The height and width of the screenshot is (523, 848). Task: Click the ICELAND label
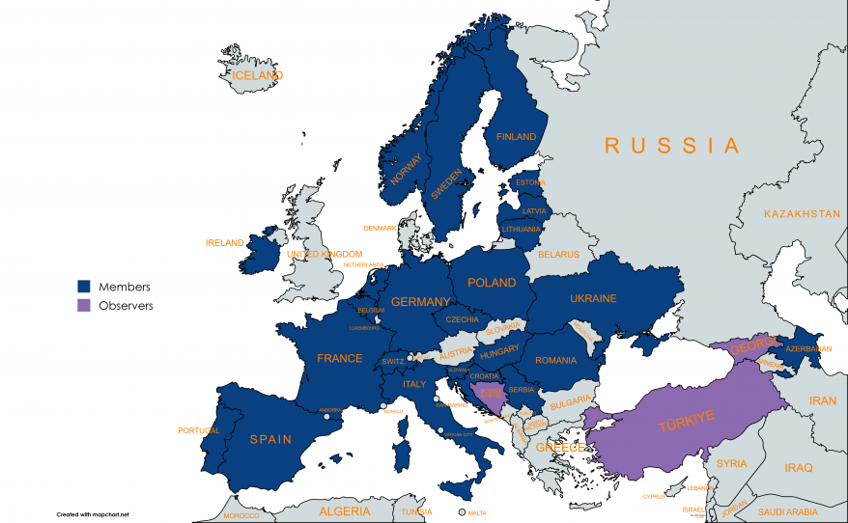[257, 75]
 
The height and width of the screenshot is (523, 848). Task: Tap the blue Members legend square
[84, 287]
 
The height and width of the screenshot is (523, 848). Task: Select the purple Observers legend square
[84, 305]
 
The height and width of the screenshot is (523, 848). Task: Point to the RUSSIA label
[672, 146]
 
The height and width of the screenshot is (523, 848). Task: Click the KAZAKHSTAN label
[802, 213]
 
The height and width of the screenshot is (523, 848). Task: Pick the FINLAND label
[516, 137]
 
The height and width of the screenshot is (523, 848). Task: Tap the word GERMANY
[420, 302]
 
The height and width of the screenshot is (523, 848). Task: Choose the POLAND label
[492, 283]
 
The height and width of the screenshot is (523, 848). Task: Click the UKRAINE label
[593, 299]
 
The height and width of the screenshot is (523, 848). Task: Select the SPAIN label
[270, 439]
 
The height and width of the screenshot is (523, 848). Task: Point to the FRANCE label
[340, 359]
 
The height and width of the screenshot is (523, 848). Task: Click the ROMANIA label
[555, 360]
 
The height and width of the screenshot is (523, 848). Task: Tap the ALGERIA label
[345, 510]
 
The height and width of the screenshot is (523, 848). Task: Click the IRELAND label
[225, 243]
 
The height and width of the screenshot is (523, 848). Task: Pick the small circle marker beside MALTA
[462, 512]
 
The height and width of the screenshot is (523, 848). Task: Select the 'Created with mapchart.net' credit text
[94, 513]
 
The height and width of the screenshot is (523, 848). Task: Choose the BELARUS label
[558, 255]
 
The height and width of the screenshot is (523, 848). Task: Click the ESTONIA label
[530, 182]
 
